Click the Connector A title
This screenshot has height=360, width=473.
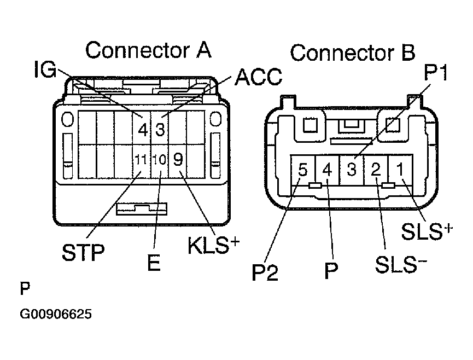click(x=148, y=50)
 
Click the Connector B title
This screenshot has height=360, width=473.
click(x=352, y=54)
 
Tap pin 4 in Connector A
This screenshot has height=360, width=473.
click(x=143, y=130)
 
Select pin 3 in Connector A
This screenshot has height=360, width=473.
click(x=160, y=130)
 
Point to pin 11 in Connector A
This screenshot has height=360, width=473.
click(x=142, y=160)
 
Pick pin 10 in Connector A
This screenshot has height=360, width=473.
click(x=160, y=160)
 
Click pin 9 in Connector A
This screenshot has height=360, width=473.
click(x=178, y=159)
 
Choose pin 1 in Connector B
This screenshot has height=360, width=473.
click(x=400, y=169)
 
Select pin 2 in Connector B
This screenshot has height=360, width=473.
click(x=376, y=170)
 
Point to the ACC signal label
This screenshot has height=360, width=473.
click(x=258, y=78)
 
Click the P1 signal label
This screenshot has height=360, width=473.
click(x=436, y=73)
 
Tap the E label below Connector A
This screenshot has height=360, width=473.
click(x=154, y=264)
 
